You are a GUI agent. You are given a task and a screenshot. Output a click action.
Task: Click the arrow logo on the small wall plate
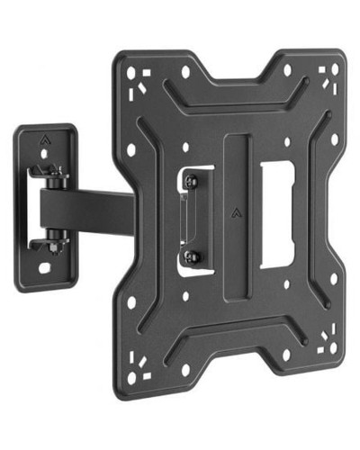(x=44, y=139)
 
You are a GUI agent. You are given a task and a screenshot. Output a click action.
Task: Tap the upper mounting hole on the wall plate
(x=44, y=153)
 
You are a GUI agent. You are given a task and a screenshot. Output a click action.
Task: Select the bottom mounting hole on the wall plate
(x=43, y=267)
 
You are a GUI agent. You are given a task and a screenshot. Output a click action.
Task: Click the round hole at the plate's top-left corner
(x=131, y=75)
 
